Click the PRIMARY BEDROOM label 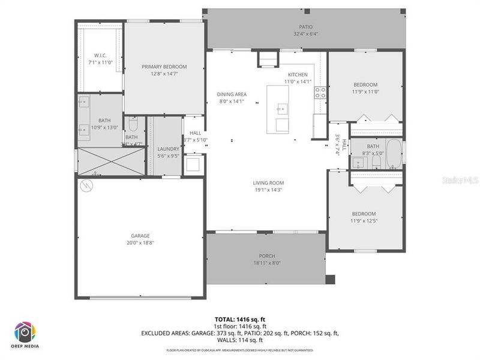pyautogui.click(x=164, y=67)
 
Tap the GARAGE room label pyautogui.click(x=140, y=236)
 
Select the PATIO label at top pyautogui.click(x=306, y=26)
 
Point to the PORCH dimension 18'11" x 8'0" pyautogui.click(x=267, y=263)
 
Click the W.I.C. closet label pyautogui.click(x=100, y=55)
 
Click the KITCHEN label pyautogui.click(x=298, y=74)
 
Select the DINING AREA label pyautogui.click(x=232, y=94)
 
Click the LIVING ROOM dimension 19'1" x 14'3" pyautogui.click(x=268, y=190)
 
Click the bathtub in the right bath pyautogui.click(x=394, y=154)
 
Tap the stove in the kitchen pyautogui.click(x=320, y=93)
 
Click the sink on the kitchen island pyautogui.click(x=282, y=109)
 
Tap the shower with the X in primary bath pyautogui.click(x=112, y=160)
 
